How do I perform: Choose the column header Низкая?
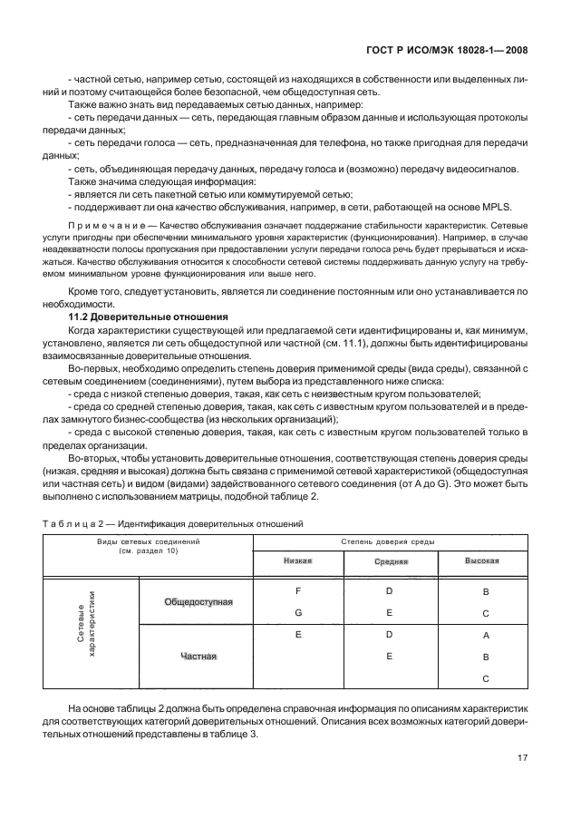297,560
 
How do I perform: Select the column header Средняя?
390,561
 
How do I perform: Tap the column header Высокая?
482,560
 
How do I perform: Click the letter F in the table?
297,590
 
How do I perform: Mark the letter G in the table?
297,612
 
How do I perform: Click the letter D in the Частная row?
389,635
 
